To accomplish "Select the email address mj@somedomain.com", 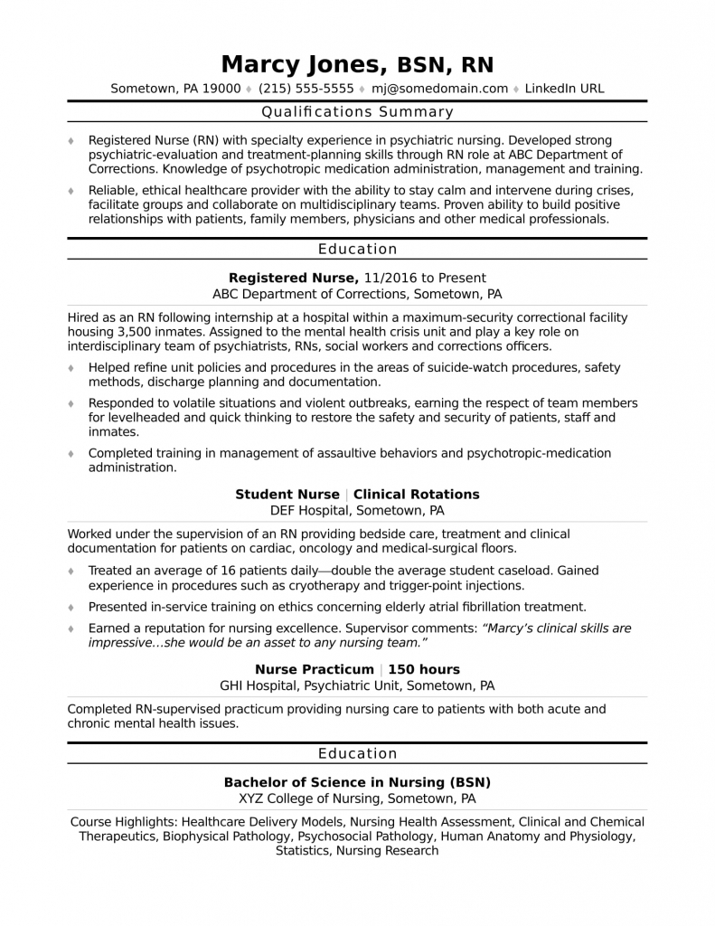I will pyautogui.click(x=440, y=89).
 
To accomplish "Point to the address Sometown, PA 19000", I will pyautogui.click(x=175, y=89).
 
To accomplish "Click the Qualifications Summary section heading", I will pyautogui.click(x=357, y=112).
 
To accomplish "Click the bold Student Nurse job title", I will pyautogui.click(x=287, y=494).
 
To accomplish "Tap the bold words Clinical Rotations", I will pyautogui.click(x=416, y=494).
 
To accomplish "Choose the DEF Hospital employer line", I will pyautogui.click(x=357, y=510).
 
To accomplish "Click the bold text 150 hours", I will pyautogui.click(x=424, y=669).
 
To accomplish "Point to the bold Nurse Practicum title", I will pyautogui.click(x=314, y=669).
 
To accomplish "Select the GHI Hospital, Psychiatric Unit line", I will pyautogui.click(x=357, y=685).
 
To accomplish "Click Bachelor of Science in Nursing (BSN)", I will pyautogui.click(x=357, y=782).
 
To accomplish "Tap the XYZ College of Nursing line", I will pyautogui.click(x=357, y=798).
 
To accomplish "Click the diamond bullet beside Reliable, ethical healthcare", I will pyautogui.click(x=72, y=192).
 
